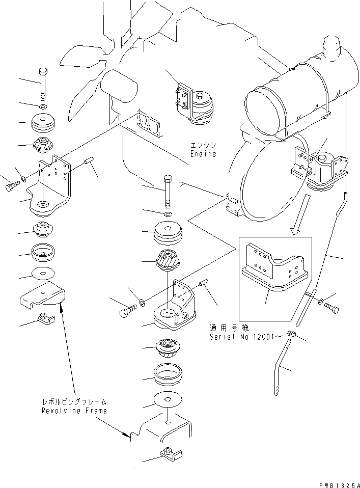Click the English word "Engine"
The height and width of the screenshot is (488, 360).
point(204,153)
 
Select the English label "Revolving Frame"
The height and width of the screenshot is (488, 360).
point(74,411)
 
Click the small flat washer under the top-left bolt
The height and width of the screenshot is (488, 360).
point(43,107)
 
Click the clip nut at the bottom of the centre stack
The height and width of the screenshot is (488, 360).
point(168,452)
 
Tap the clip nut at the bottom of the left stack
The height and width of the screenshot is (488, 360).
point(45,319)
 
